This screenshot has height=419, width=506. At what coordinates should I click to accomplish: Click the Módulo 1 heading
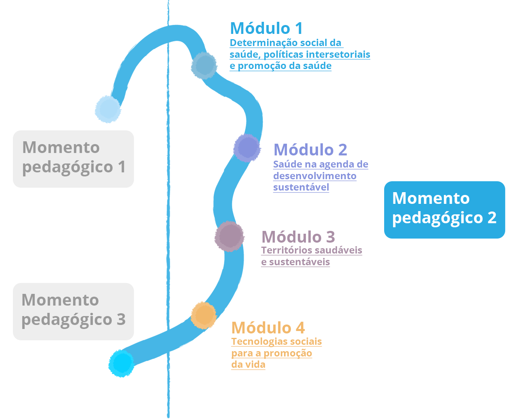click(266, 29)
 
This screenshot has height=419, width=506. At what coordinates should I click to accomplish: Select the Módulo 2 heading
click(310, 150)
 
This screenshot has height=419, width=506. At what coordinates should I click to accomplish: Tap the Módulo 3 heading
click(298, 237)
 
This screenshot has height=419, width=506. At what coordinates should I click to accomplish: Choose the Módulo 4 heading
click(268, 328)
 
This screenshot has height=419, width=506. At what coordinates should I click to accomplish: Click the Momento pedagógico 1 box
click(73, 159)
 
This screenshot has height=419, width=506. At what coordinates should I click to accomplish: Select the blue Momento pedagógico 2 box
click(444, 209)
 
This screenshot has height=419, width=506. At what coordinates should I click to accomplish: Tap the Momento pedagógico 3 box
click(73, 311)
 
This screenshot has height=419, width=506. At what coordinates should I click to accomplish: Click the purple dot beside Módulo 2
click(247, 148)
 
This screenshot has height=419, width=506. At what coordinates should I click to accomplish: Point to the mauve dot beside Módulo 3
click(230, 237)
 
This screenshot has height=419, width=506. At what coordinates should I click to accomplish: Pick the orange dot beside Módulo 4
click(204, 315)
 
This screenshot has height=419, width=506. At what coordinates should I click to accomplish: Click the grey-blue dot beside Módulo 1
click(204, 65)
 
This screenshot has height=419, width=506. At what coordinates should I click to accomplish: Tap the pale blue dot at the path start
click(108, 109)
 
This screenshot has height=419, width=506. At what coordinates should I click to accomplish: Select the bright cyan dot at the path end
click(121, 364)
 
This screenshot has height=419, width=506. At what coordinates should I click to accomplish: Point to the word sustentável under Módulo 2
click(301, 187)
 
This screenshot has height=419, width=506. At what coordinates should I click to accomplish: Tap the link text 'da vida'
click(248, 365)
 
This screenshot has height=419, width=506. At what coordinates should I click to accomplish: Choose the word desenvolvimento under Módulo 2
click(315, 176)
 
